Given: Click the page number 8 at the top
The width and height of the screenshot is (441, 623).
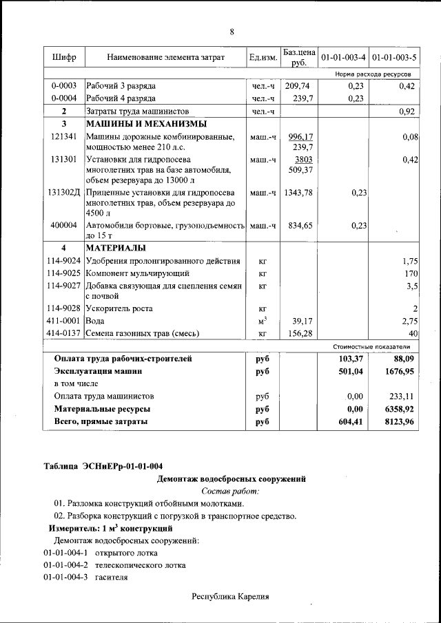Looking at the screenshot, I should coord(232,32).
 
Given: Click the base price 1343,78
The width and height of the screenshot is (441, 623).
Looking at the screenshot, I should coord(298,193).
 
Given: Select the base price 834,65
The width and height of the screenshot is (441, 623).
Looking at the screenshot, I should coord(298,225).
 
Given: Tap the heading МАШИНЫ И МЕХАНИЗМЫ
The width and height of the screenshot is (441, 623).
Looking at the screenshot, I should coord(145,124).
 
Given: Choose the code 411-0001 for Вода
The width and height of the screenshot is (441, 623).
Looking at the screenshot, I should coord(64,321).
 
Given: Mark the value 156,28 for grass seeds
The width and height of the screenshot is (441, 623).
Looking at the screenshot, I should coord(299,334).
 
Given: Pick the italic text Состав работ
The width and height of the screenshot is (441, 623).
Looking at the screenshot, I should coord(231,491).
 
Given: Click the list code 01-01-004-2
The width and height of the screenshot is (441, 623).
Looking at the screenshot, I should coord(67,565).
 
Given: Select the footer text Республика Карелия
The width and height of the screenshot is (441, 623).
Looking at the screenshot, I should coord(230,597).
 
